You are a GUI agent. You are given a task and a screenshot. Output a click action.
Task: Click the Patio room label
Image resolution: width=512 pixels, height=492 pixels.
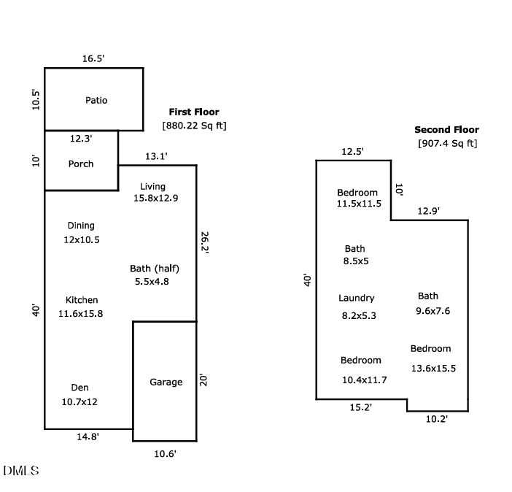(x=96, y=100)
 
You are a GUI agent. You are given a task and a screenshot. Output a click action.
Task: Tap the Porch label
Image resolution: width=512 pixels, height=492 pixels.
(x=81, y=164)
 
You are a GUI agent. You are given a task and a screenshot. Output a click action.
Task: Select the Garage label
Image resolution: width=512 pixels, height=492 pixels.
(x=166, y=382)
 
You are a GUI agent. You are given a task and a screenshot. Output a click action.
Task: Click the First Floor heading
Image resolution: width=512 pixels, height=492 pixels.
(x=194, y=112)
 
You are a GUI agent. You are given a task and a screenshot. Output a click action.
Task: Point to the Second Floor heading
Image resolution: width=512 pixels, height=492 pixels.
(x=447, y=130)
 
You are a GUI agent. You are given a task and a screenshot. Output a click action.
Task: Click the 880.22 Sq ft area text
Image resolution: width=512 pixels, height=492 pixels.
(x=194, y=126)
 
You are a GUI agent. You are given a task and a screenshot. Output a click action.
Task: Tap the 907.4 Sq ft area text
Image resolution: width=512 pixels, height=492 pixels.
(x=447, y=143)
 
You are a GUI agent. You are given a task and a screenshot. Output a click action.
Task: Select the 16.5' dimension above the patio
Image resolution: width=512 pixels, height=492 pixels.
(x=93, y=58)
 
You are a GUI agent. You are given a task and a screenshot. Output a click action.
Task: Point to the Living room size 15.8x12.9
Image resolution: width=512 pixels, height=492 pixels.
(x=155, y=198)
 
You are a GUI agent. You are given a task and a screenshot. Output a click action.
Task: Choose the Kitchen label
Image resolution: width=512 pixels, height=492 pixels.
(x=82, y=300)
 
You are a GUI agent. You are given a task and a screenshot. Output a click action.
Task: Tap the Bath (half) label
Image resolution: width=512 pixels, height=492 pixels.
(x=155, y=269)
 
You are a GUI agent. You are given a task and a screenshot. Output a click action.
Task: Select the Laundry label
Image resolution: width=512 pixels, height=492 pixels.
(x=357, y=298)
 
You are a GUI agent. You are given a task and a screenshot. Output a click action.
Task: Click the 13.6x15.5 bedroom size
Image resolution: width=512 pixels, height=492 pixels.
(x=433, y=368)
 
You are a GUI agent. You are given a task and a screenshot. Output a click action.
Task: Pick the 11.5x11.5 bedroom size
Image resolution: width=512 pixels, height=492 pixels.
(x=359, y=204)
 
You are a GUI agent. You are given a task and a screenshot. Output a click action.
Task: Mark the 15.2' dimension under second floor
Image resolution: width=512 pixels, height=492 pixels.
(x=362, y=407)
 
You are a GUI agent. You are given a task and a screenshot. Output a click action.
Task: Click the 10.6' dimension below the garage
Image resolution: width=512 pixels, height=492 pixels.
(x=165, y=453)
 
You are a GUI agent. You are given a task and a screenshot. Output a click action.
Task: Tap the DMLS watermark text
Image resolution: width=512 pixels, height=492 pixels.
(x=21, y=471)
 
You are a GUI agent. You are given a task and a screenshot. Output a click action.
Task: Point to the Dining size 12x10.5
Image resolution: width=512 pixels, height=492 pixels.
(x=81, y=239)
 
